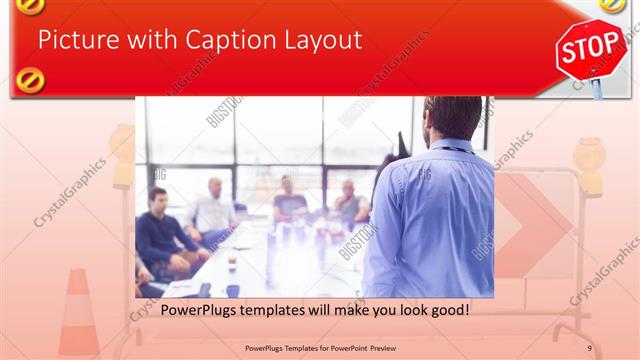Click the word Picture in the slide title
tap(75, 41)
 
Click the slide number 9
tap(589, 348)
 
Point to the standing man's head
tap(453, 117)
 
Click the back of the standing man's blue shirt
tap(436, 215)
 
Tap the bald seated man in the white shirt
tap(213, 210)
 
